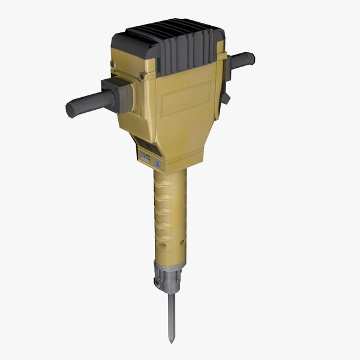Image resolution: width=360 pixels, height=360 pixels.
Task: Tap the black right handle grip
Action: [243, 59]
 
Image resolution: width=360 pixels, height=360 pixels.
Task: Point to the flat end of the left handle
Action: [69, 110]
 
